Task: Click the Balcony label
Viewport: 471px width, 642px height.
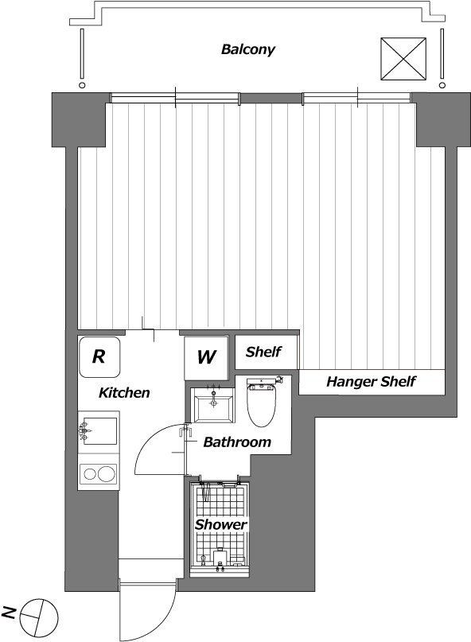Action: [247, 49]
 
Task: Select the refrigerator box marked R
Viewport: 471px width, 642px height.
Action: [99, 356]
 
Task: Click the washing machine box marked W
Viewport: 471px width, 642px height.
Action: [206, 356]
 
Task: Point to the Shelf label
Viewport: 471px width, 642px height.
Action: [263, 352]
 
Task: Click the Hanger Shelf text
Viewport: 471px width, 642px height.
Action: [371, 382]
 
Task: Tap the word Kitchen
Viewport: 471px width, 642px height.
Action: [123, 392]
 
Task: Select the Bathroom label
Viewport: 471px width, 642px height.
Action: [237, 442]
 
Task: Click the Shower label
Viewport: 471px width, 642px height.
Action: [220, 524]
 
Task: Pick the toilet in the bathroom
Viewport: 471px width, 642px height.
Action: [262, 406]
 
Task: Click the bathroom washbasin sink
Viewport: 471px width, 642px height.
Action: [214, 406]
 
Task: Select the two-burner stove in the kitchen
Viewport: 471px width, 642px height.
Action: [98, 474]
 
